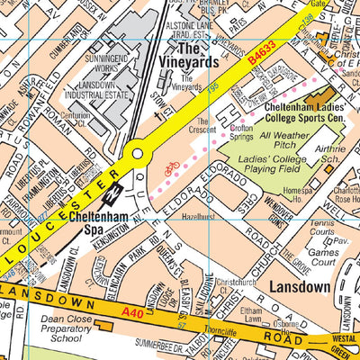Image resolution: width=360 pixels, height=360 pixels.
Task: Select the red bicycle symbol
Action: (x=171, y=167)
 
